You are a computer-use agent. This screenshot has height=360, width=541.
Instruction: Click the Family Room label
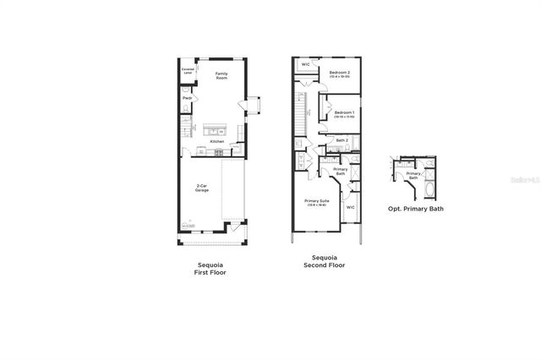(221, 75)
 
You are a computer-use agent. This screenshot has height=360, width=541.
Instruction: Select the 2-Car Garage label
(203, 188)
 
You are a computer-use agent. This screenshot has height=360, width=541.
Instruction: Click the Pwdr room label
(186, 99)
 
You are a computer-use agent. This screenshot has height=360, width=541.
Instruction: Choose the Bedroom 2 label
(339, 74)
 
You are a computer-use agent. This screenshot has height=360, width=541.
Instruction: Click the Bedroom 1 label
(343, 114)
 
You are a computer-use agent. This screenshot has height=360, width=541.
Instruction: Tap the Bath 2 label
(342, 140)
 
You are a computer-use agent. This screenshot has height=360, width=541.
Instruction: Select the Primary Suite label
(318, 202)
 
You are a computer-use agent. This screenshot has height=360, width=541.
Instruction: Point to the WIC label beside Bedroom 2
(305, 64)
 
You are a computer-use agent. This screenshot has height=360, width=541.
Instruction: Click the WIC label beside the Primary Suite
(350, 206)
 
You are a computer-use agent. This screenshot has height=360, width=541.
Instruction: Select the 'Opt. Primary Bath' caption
(415, 208)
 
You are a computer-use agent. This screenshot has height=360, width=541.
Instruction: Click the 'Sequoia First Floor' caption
(211, 268)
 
